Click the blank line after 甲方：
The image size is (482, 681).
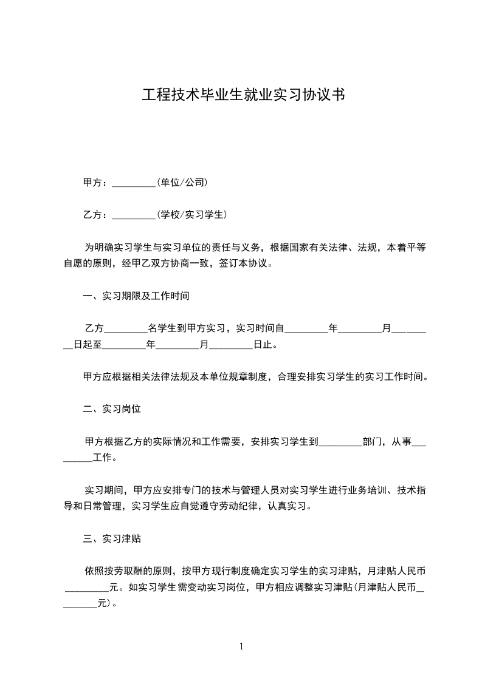tap(134, 183)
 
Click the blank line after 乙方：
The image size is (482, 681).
tap(134, 214)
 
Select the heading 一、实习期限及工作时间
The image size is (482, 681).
tap(137, 297)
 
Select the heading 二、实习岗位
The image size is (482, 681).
tap(112, 409)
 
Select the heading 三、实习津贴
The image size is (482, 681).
tap(112, 538)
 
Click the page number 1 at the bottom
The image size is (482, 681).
tap(241, 646)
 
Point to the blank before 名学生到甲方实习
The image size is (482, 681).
tap(126, 329)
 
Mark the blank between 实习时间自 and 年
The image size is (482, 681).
tap(306, 329)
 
